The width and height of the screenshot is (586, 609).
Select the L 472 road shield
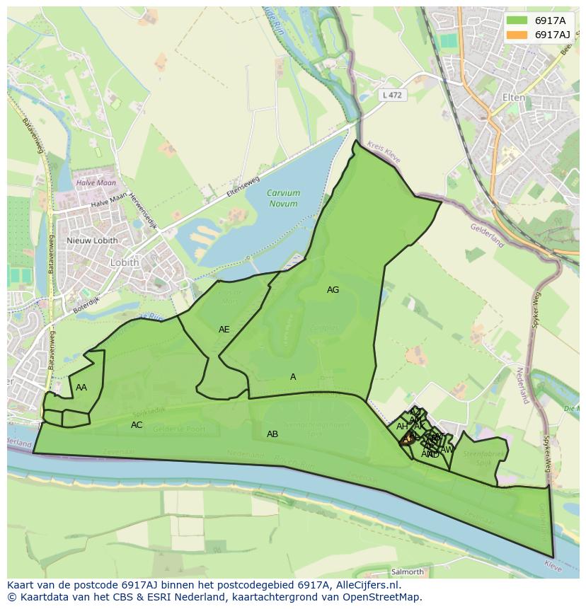(x=392, y=95)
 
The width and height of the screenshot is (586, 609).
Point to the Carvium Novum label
(x=283, y=198)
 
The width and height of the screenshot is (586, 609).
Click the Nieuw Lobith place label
(x=92, y=240)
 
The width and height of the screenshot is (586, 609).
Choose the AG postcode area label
(x=333, y=290)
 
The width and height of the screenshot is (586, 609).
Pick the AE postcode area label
(x=224, y=330)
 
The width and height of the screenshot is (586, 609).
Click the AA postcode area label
(x=81, y=388)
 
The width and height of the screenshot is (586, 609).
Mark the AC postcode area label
(x=137, y=425)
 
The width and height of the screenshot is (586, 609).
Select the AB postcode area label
(x=272, y=434)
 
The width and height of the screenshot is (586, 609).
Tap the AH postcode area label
(x=402, y=427)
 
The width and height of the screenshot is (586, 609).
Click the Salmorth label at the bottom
(x=407, y=572)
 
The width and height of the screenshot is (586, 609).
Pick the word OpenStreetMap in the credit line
(x=381, y=597)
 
